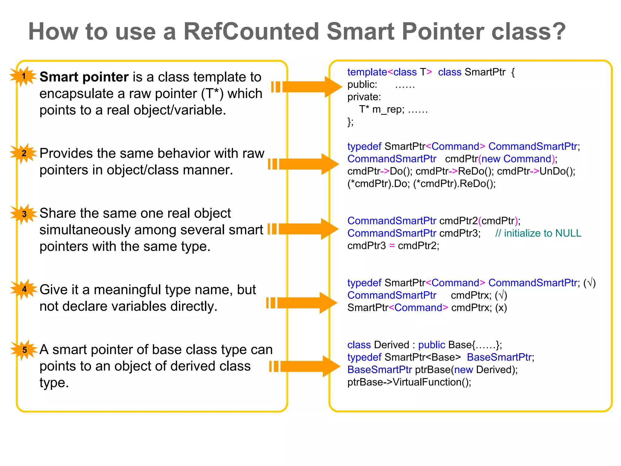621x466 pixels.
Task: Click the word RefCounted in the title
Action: coord(251,32)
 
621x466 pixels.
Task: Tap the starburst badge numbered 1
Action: coord(23,76)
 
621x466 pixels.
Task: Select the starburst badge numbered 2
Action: coord(24,153)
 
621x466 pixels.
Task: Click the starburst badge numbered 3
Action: coord(24,214)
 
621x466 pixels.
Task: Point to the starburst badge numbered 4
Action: coord(24,289)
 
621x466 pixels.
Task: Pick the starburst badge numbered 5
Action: coord(25,350)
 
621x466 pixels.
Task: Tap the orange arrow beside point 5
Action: coord(305,366)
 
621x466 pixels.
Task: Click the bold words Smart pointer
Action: coord(84,77)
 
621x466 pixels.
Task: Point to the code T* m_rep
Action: coord(381,109)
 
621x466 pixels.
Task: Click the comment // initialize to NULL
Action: coord(538,233)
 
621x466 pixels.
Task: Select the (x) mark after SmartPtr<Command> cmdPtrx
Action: coord(501,308)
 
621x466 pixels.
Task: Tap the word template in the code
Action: coord(367,72)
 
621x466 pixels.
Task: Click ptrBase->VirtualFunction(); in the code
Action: coord(409,382)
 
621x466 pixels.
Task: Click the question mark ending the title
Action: coord(557,32)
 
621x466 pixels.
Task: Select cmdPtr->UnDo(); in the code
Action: coord(536,171)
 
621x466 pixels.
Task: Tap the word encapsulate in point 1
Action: coord(77,94)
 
